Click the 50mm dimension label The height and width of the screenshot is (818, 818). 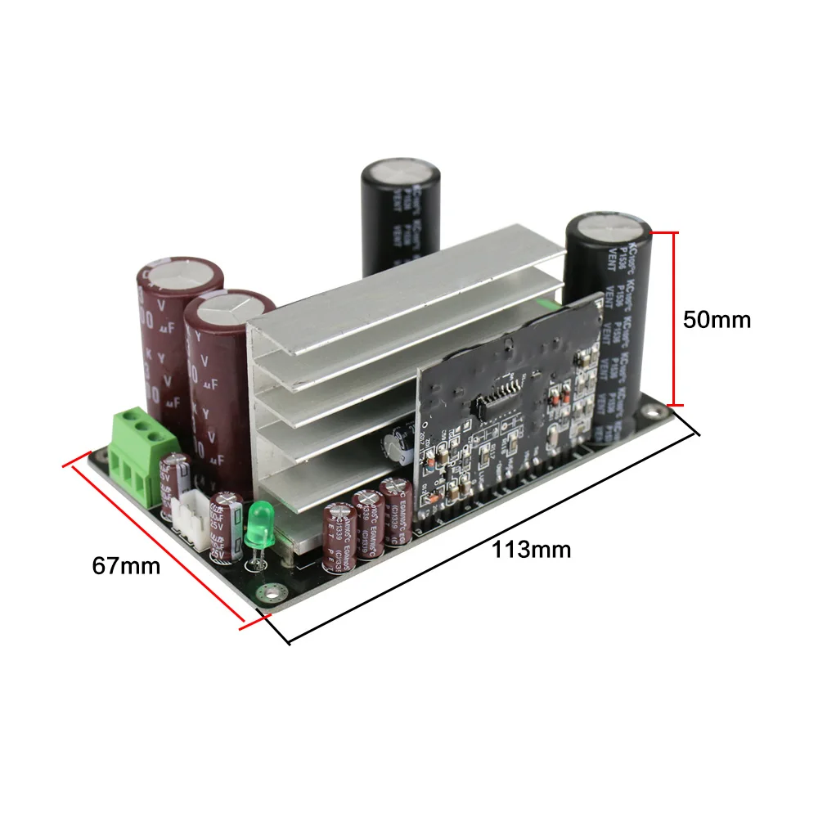(717, 319)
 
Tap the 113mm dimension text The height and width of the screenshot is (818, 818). (531, 549)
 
